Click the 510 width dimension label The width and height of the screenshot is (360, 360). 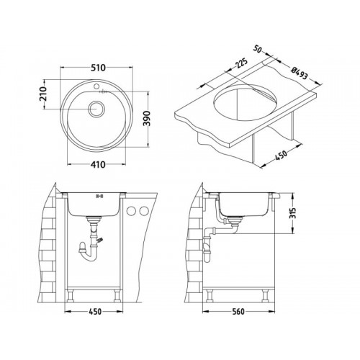(x=98, y=68)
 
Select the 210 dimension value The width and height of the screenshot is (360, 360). (x=42, y=94)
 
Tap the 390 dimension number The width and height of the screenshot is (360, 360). (x=146, y=118)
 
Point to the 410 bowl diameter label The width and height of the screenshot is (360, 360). (x=98, y=164)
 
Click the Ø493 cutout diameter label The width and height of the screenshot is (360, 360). (x=299, y=73)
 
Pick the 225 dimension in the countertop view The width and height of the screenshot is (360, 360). (x=241, y=63)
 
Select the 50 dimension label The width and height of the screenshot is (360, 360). (x=257, y=49)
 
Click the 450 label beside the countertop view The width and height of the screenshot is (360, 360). (x=281, y=155)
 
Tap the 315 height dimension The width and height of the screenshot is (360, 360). (x=293, y=213)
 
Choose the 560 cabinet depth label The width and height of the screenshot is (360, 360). (x=238, y=312)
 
